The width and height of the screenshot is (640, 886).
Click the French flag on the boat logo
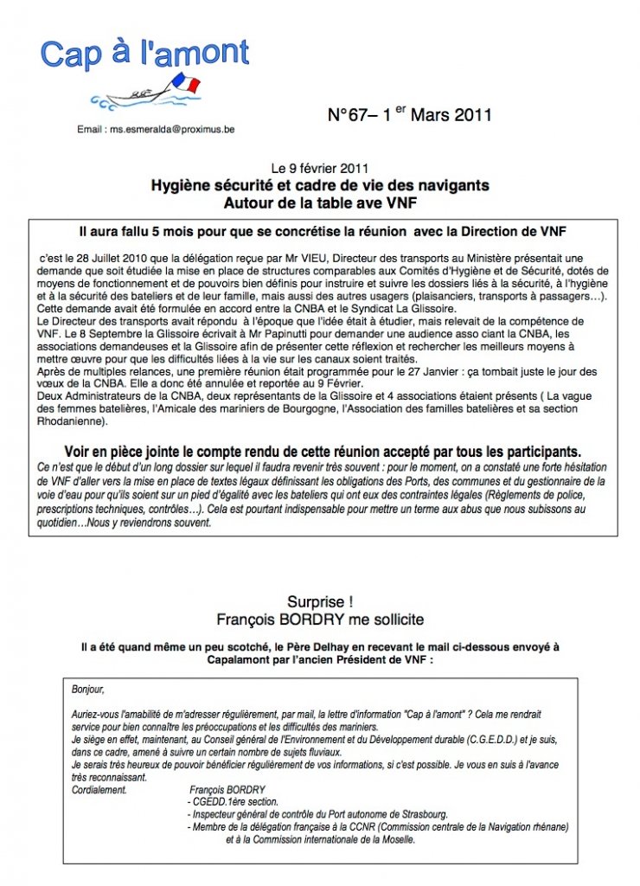click(185, 85)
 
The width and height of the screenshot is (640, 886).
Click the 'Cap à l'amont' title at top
click(145, 54)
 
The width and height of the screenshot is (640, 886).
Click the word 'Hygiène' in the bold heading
click(182, 185)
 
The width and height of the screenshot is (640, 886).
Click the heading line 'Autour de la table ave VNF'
click(320, 202)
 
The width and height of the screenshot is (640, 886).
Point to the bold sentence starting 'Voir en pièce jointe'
click(323, 452)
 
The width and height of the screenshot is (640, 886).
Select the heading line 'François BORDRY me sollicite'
click(320, 620)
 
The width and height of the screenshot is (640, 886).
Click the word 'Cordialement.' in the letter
click(100, 789)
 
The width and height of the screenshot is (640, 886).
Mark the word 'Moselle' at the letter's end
click(396, 839)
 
